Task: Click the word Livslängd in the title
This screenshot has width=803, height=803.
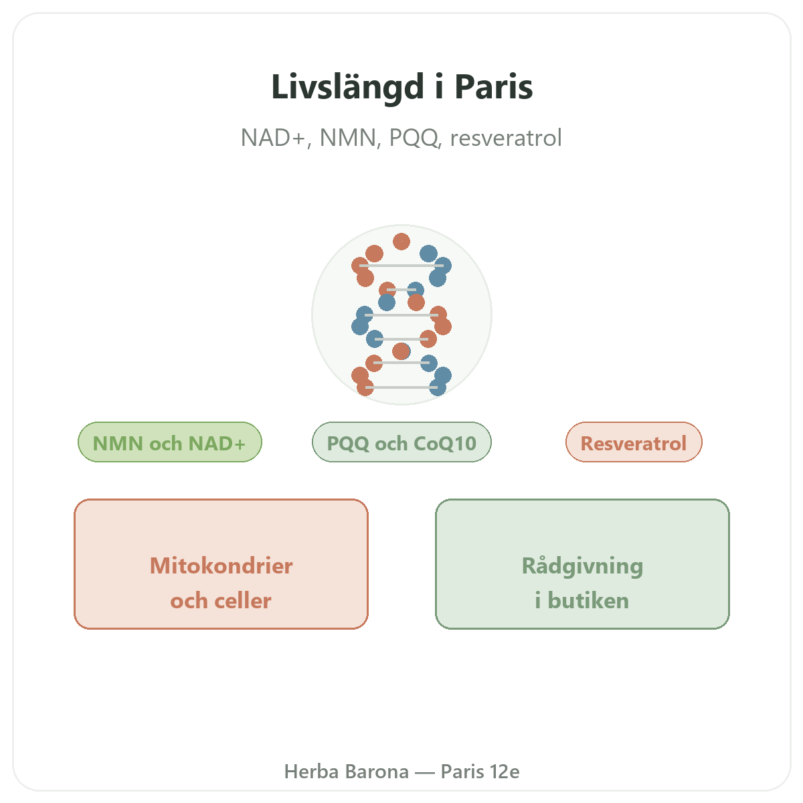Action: (x=347, y=88)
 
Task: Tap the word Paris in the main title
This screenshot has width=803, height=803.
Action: (x=493, y=87)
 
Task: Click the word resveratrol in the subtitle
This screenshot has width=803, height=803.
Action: (x=506, y=138)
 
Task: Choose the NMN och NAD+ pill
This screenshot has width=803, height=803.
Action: (x=169, y=442)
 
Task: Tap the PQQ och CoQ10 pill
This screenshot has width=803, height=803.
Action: (x=401, y=442)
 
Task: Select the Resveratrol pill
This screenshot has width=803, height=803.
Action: (x=634, y=442)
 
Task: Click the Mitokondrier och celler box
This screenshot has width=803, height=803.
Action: (x=221, y=564)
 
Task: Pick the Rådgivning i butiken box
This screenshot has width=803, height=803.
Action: (x=582, y=564)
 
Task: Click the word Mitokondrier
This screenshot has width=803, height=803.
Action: (x=221, y=565)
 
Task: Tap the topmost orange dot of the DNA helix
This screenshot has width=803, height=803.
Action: (x=401, y=242)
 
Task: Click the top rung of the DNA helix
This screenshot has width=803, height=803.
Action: (x=401, y=266)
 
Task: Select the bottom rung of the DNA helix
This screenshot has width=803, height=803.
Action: (x=401, y=387)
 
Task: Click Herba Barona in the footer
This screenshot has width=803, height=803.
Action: (x=346, y=772)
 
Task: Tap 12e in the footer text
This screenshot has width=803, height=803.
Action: (x=505, y=772)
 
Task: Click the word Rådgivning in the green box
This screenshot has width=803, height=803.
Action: (x=582, y=566)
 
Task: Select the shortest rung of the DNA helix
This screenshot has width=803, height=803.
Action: (x=401, y=290)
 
